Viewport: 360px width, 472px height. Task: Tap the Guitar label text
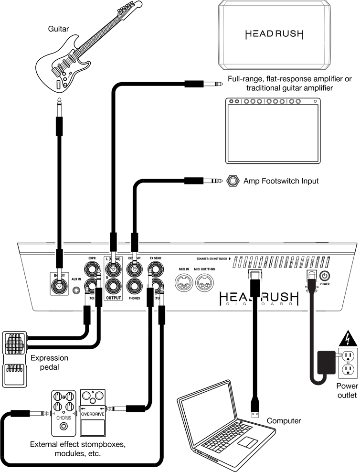tap(58, 29)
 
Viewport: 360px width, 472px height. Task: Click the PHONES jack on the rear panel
tap(134, 287)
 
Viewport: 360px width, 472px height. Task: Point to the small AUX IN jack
tap(76, 290)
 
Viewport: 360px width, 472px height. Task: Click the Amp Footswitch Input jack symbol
tap(233, 181)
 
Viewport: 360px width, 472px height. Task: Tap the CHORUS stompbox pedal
tap(64, 399)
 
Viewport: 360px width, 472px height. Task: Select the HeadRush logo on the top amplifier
tap(274, 34)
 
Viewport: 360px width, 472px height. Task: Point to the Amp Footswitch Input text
tap(281, 181)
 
